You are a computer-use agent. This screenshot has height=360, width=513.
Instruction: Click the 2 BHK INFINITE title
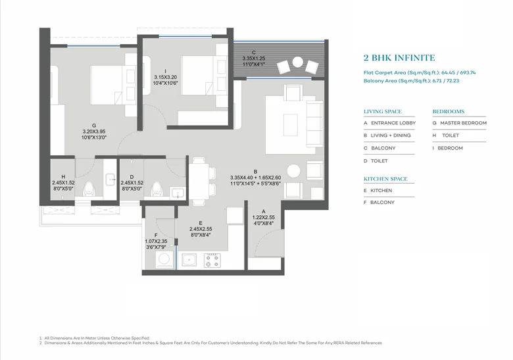[x=399, y=58]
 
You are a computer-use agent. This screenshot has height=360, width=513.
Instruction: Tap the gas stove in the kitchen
[x=212, y=261]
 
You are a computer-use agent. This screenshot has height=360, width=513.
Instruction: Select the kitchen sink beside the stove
[x=189, y=260]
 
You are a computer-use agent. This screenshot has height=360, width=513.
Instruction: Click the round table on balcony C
[x=298, y=62]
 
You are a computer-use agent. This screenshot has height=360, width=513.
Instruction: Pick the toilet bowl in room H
[x=88, y=189]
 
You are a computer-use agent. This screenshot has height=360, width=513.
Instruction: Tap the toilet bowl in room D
[x=157, y=189]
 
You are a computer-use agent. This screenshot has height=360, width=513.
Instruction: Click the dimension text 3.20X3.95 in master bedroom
[x=94, y=132]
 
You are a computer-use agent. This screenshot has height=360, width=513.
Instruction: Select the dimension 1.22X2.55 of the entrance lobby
[x=263, y=217]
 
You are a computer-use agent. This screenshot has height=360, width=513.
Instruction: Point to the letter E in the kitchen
[x=201, y=223]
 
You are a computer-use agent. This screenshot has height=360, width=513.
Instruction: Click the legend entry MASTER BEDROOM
[x=463, y=123]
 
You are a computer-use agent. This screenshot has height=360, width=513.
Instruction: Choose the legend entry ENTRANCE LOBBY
[x=393, y=123]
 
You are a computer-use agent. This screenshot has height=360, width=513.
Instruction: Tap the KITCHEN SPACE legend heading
[x=385, y=179]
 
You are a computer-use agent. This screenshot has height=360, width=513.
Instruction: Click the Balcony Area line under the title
[x=411, y=81]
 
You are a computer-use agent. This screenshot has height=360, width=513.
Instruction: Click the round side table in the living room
[x=293, y=171]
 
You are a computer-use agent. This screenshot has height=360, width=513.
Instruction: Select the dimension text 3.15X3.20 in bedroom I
[x=166, y=77]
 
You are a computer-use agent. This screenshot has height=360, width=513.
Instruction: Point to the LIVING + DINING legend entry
[x=391, y=136]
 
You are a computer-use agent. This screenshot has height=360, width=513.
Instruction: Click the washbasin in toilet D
[x=178, y=192]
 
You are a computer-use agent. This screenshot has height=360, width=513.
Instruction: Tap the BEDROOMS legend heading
[x=449, y=112]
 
